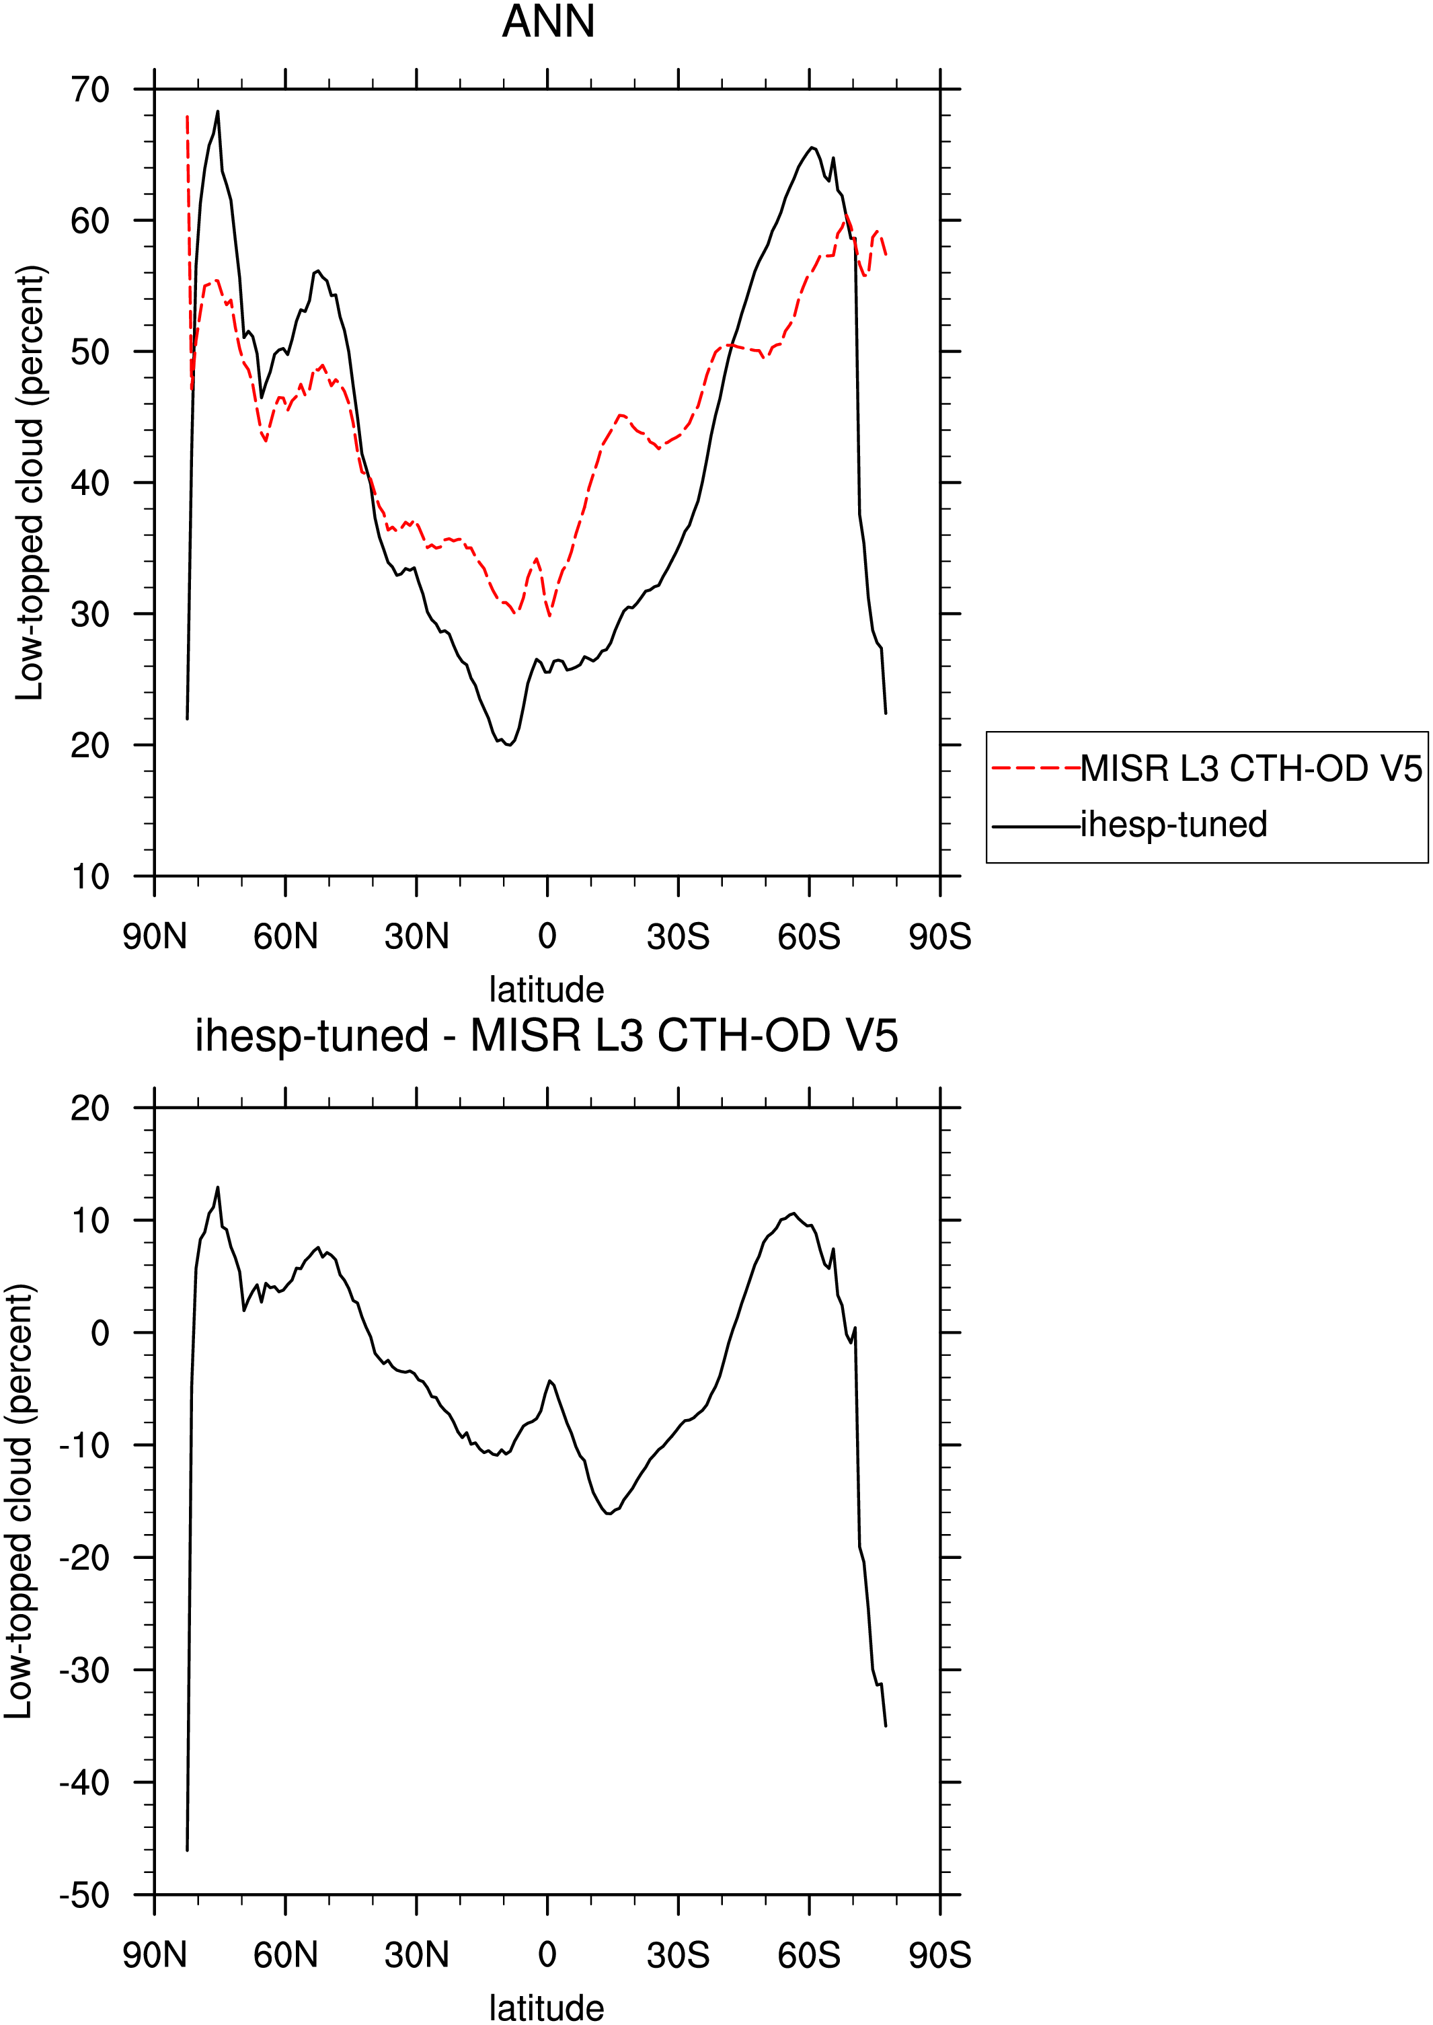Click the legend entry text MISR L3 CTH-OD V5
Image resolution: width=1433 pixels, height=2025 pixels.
click(1251, 769)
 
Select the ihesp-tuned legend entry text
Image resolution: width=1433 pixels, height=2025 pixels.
click(1173, 824)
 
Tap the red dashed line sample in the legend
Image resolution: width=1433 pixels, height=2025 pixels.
click(1037, 769)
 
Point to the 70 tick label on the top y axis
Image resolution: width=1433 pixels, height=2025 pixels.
click(90, 89)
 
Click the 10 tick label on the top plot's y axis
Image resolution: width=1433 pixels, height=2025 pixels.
click(90, 877)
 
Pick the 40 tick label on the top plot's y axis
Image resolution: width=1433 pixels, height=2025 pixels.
click(90, 483)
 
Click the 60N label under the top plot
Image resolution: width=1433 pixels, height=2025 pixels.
click(285, 936)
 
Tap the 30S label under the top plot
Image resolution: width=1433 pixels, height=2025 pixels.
click(678, 936)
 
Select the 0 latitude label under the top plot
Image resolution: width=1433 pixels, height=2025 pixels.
click(547, 936)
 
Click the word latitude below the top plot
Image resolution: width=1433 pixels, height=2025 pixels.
click(547, 990)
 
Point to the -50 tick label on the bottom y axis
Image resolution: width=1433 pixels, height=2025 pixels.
click(85, 1895)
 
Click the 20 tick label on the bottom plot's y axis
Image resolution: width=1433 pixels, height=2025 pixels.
click(90, 1108)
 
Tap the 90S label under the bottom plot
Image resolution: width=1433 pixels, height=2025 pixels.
click(939, 1955)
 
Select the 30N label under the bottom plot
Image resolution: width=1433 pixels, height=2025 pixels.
click(416, 1955)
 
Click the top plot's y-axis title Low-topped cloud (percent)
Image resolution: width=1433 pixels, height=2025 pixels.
click(29, 484)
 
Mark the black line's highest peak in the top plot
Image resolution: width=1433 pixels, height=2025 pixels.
click(218, 111)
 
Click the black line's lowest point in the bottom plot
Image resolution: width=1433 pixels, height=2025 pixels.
click(187, 1850)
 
